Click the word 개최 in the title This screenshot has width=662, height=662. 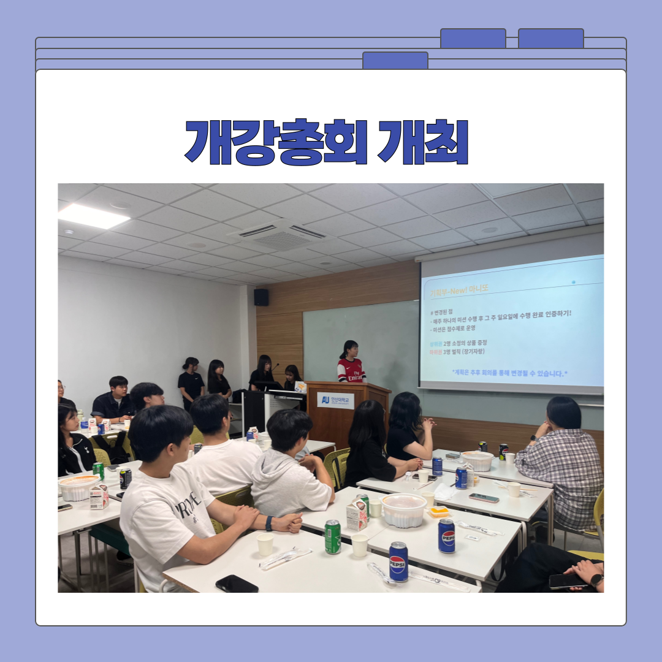(423, 142)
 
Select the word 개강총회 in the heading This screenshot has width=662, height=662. (276, 142)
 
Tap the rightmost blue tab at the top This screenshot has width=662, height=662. (550, 39)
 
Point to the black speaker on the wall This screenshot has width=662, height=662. (261, 297)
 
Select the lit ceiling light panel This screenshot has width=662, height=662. (93, 216)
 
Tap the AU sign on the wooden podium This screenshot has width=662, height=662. (335, 400)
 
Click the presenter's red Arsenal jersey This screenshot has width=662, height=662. (351, 370)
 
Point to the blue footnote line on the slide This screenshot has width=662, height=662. (509, 372)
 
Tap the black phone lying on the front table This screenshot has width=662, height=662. (237, 583)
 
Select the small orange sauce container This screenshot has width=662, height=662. (439, 511)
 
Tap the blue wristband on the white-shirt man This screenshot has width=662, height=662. (269, 523)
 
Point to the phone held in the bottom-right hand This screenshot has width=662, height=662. (567, 581)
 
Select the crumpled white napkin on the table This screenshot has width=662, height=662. (444, 491)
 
